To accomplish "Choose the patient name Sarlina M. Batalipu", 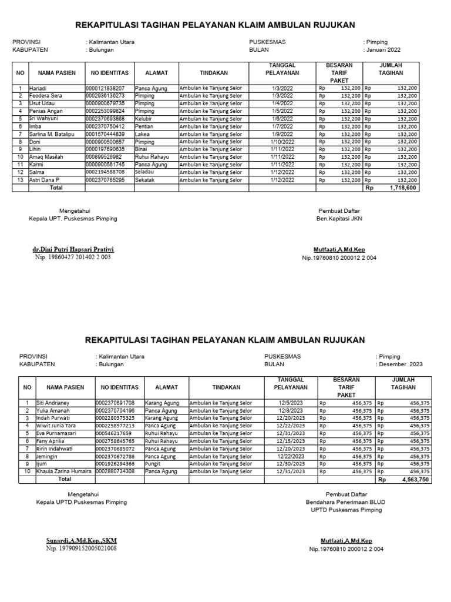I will click(55, 134).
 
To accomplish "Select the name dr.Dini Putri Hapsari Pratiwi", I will click(73, 249).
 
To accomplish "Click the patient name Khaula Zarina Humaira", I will click(64, 471).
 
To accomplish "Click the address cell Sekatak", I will click(144, 180).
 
